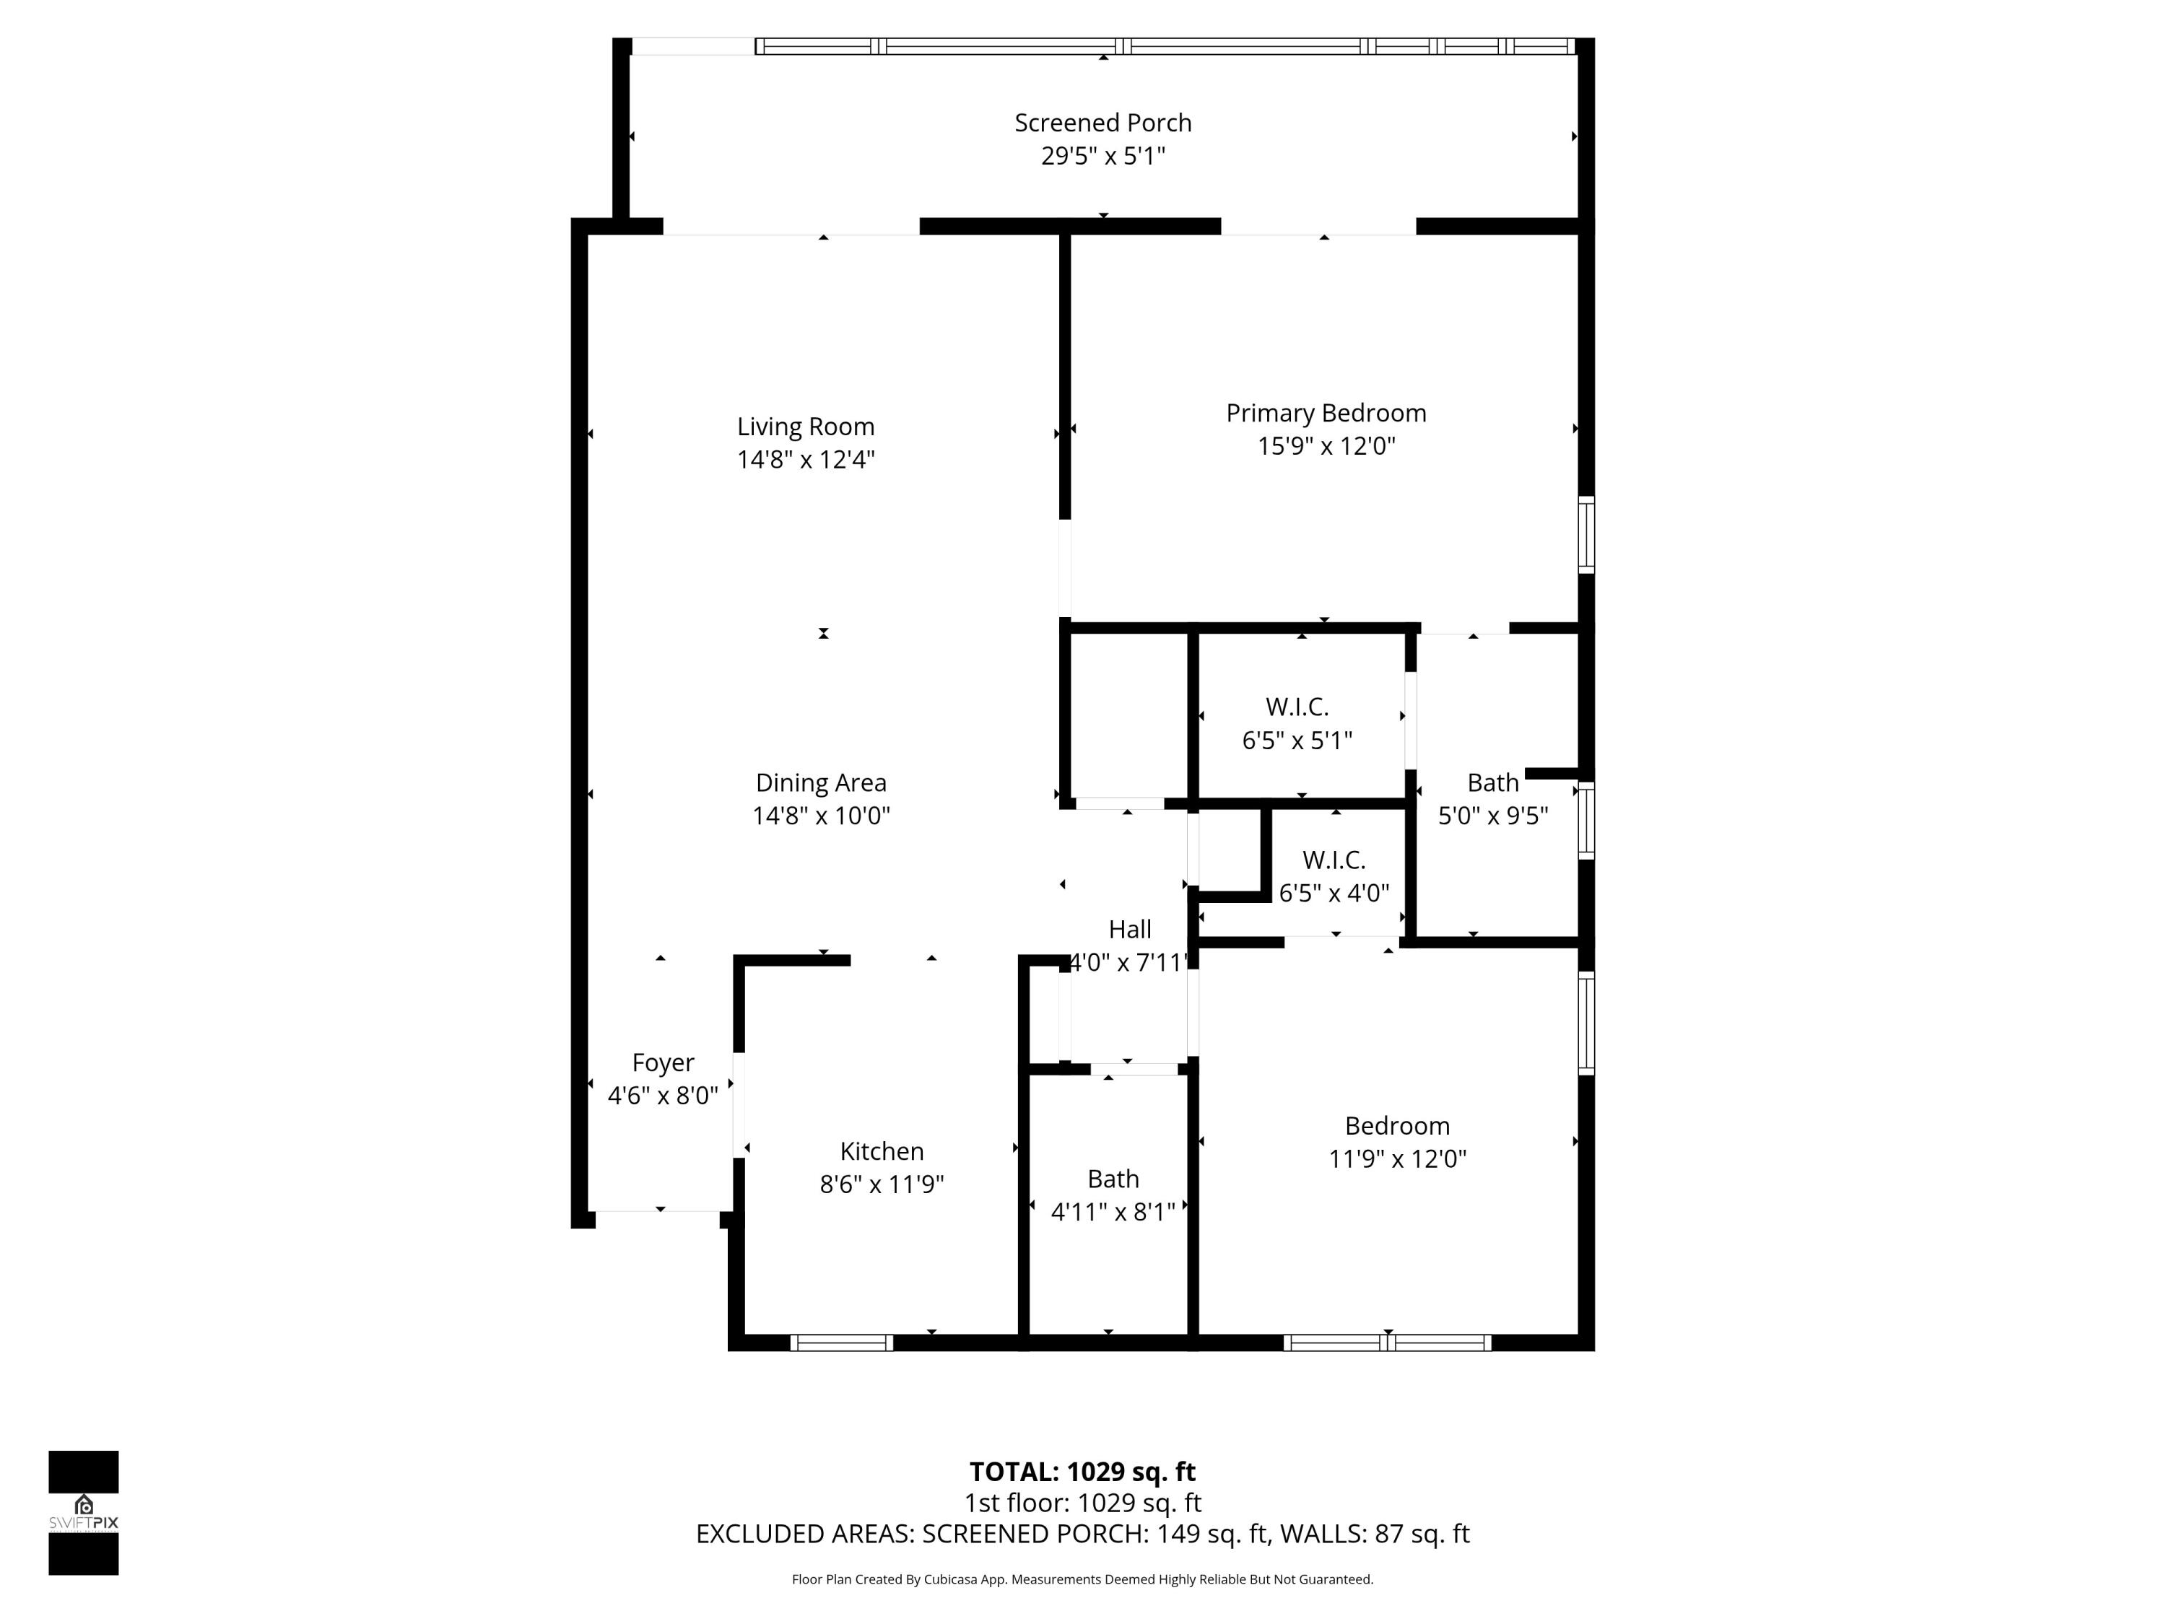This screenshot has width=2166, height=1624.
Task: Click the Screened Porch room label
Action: pos(1102,123)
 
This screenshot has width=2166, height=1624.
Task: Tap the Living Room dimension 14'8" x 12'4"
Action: pos(805,459)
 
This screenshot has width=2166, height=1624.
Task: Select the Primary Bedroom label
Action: pos(1325,413)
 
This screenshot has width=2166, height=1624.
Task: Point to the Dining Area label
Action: pos(821,783)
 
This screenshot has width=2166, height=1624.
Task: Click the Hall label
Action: pos(1129,929)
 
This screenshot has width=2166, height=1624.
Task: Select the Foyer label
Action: pos(663,1062)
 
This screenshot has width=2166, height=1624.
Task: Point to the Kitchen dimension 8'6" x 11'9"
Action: pos(882,1184)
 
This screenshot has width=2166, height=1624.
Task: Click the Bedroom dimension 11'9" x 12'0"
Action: pos(1396,1159)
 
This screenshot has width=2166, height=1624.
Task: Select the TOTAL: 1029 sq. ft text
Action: pos(1082,1471)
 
